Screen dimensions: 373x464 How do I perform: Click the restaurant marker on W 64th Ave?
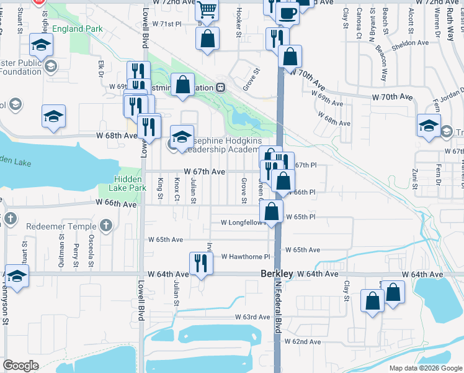coord(201,264)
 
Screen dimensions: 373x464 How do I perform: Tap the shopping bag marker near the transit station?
coord(183,86)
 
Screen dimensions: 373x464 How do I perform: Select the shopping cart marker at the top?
coord(207,9)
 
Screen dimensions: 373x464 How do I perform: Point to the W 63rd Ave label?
coord(252,317)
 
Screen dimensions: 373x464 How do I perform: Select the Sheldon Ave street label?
coord(411,43)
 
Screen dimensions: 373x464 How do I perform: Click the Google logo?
coord(20,366)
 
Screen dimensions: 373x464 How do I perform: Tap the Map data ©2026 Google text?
coord(426,368)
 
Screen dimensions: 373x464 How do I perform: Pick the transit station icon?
coord(220,88)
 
